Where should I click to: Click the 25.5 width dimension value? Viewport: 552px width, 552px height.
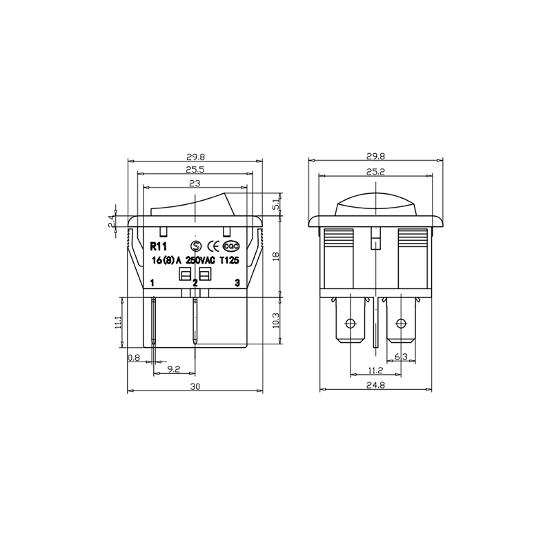pos(195,170)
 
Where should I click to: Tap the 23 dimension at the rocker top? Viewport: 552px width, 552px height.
pos(195,184)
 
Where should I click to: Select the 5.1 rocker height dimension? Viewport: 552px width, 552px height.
pos(277,203)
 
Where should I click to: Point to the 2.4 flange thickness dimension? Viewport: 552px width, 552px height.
pos(112,221)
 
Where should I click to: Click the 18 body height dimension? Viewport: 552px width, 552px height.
pos(277,256)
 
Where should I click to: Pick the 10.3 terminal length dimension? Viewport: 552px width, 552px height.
pos(277,320)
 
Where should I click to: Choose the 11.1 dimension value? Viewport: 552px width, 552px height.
pos(118,322)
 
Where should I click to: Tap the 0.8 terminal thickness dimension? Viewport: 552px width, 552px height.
pos(134,358)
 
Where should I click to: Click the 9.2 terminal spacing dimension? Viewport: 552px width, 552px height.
pos(174,369)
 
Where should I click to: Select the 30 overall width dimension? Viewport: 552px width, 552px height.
pos(195,386)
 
